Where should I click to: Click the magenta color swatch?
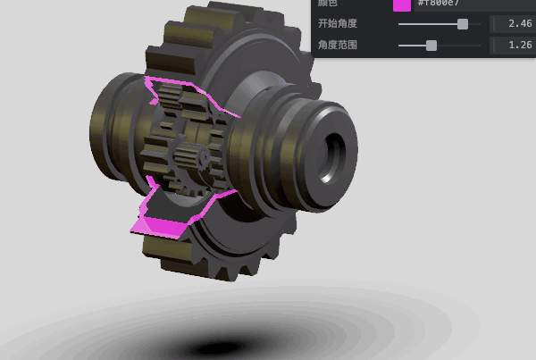[x=402, y=4]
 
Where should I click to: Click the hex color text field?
[x=447, y=4]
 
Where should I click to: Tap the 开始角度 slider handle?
[x=463, y=24]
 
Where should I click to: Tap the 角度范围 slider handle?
[x=431, y=45]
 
